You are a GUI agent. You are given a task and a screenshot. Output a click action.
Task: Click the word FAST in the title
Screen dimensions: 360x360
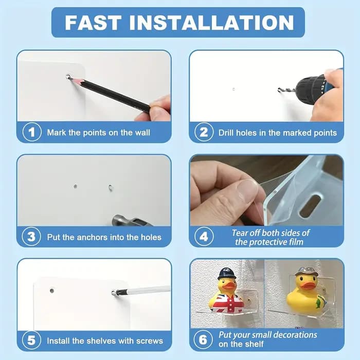click(93, 23)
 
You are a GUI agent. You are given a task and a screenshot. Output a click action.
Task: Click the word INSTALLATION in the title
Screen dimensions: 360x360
click(212, 23)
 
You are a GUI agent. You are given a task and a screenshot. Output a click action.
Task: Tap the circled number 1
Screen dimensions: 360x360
click(32, 132)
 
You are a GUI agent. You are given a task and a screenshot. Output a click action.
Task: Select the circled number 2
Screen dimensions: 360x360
click(204, 132)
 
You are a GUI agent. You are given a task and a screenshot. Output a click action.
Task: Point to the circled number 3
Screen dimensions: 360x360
click(31, 237)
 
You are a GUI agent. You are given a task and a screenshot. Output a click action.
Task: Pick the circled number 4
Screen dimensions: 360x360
click(204, 237)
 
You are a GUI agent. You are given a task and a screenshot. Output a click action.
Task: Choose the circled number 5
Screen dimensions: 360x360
click(31, 340)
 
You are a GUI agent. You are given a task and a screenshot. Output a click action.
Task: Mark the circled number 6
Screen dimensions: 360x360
click(203, 339)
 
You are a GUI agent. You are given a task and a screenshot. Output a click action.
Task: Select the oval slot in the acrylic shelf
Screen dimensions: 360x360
click(310, 206)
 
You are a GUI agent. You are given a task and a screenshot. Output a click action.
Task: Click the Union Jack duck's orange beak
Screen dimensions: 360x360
click(229, 285)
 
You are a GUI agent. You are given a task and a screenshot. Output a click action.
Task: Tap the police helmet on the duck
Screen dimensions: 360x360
click(227, 274)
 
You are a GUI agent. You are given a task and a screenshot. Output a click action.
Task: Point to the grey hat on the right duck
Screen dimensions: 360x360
click(307, 272)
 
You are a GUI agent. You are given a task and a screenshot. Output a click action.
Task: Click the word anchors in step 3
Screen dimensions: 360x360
click(92, 237)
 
